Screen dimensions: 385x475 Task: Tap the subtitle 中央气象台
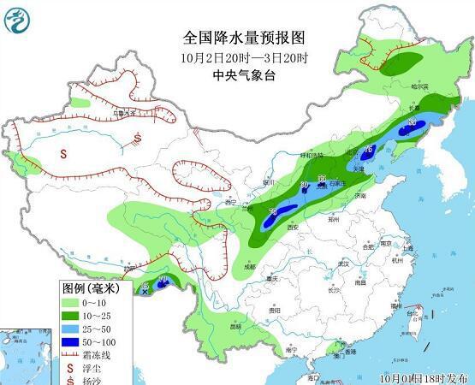tap(243, 75)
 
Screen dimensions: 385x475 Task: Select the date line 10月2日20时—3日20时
tap(243, 57)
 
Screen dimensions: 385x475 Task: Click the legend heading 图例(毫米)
tap(91, 288)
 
